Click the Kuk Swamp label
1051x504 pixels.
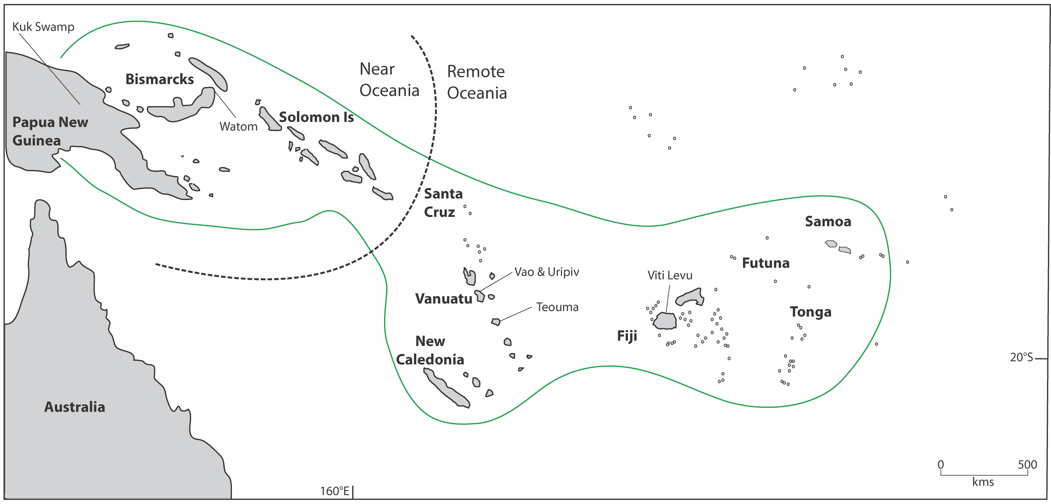(43, 27)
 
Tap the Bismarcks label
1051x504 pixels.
(160, 79)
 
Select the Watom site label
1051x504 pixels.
(238, 126)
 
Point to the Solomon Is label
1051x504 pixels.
(316, 117)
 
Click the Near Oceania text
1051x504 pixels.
(389, 79)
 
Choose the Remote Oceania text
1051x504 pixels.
(476, 82)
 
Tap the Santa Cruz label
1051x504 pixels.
(443, 203)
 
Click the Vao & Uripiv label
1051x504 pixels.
(546, 272)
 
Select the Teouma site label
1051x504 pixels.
(557, 307)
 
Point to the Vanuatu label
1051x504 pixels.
(444, 299)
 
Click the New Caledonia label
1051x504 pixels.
(430, 350)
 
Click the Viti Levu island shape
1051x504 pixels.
(665, 321)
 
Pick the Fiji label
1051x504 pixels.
(627, 336)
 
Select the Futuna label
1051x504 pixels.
(765, 263)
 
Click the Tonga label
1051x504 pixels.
(810, 312)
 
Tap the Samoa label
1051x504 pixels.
(828, 221)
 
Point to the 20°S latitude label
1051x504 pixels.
(1021, 357)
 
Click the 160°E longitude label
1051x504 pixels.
(335, 491)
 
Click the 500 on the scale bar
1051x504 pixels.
(1027, 464)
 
